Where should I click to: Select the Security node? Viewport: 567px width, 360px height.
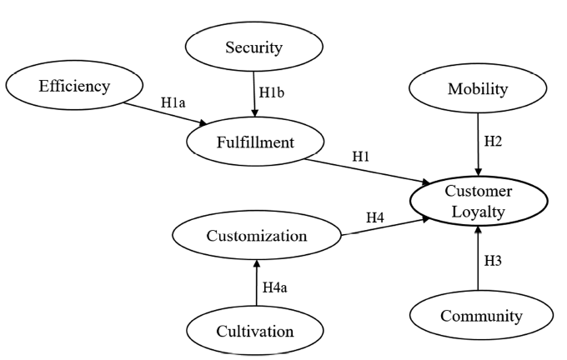[x=253, y=47]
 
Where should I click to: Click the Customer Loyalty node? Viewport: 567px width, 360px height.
[x=478, y=202]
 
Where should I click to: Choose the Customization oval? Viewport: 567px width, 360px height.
[x=257, y=236]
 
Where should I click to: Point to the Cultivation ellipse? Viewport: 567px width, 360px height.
[x=256, y=331]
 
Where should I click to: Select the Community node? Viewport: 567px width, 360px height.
[x=480, y=316]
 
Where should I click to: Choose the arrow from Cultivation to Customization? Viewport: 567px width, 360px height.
[x=256, y=284]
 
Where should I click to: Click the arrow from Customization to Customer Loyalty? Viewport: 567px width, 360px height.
[x=385, y=227]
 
